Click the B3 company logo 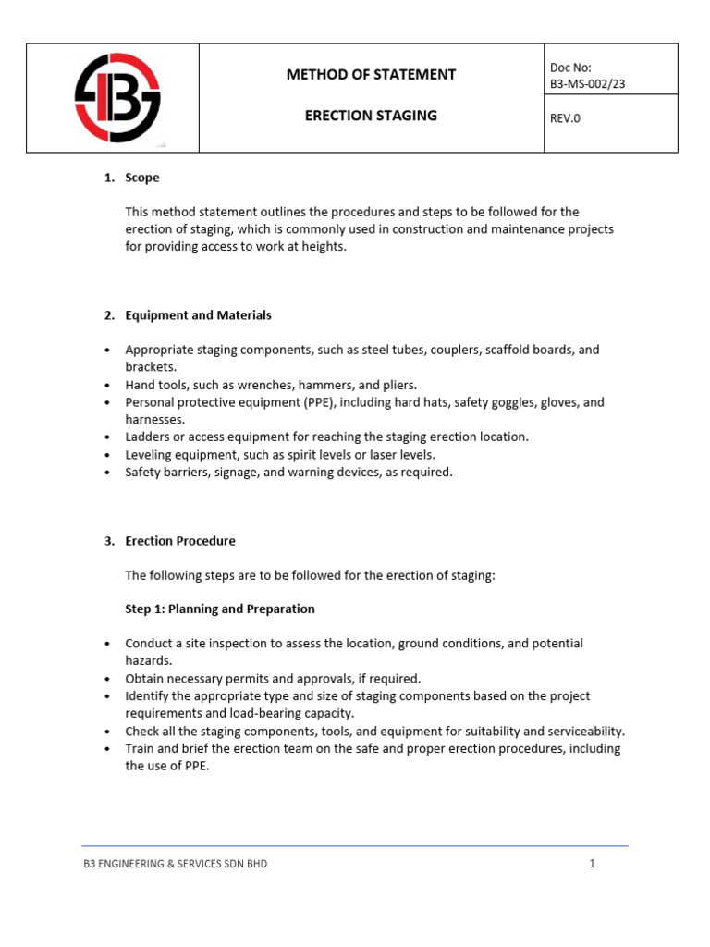click(116, 97)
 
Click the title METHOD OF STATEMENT click(371, 74)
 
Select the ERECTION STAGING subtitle click(371, 116)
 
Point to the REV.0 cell click(565, 118)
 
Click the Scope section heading click(142, 178)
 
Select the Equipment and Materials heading click(198, 315)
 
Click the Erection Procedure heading click(180, 541)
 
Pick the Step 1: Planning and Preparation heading click(220, 609)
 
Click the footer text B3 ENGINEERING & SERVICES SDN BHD click(176, 864)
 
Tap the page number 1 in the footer click(592, 864)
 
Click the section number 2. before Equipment click(109, 315)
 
